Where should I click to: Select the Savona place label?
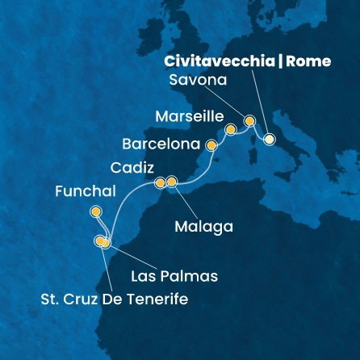[x=198, y=82]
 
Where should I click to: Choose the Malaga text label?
[x=203, y=227]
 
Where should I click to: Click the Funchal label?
[x=86, y=192]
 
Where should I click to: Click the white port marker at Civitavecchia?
[x=269, y=139]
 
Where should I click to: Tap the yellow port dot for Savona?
[x=249, y=121]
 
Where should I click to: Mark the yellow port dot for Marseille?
[x=231, y=129]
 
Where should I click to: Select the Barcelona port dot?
[x=212, y=146]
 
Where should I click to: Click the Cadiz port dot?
[x=160, y=182]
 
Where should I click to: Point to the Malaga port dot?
[x=171, y=182]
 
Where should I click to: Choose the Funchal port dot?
[x=96, y=212]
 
